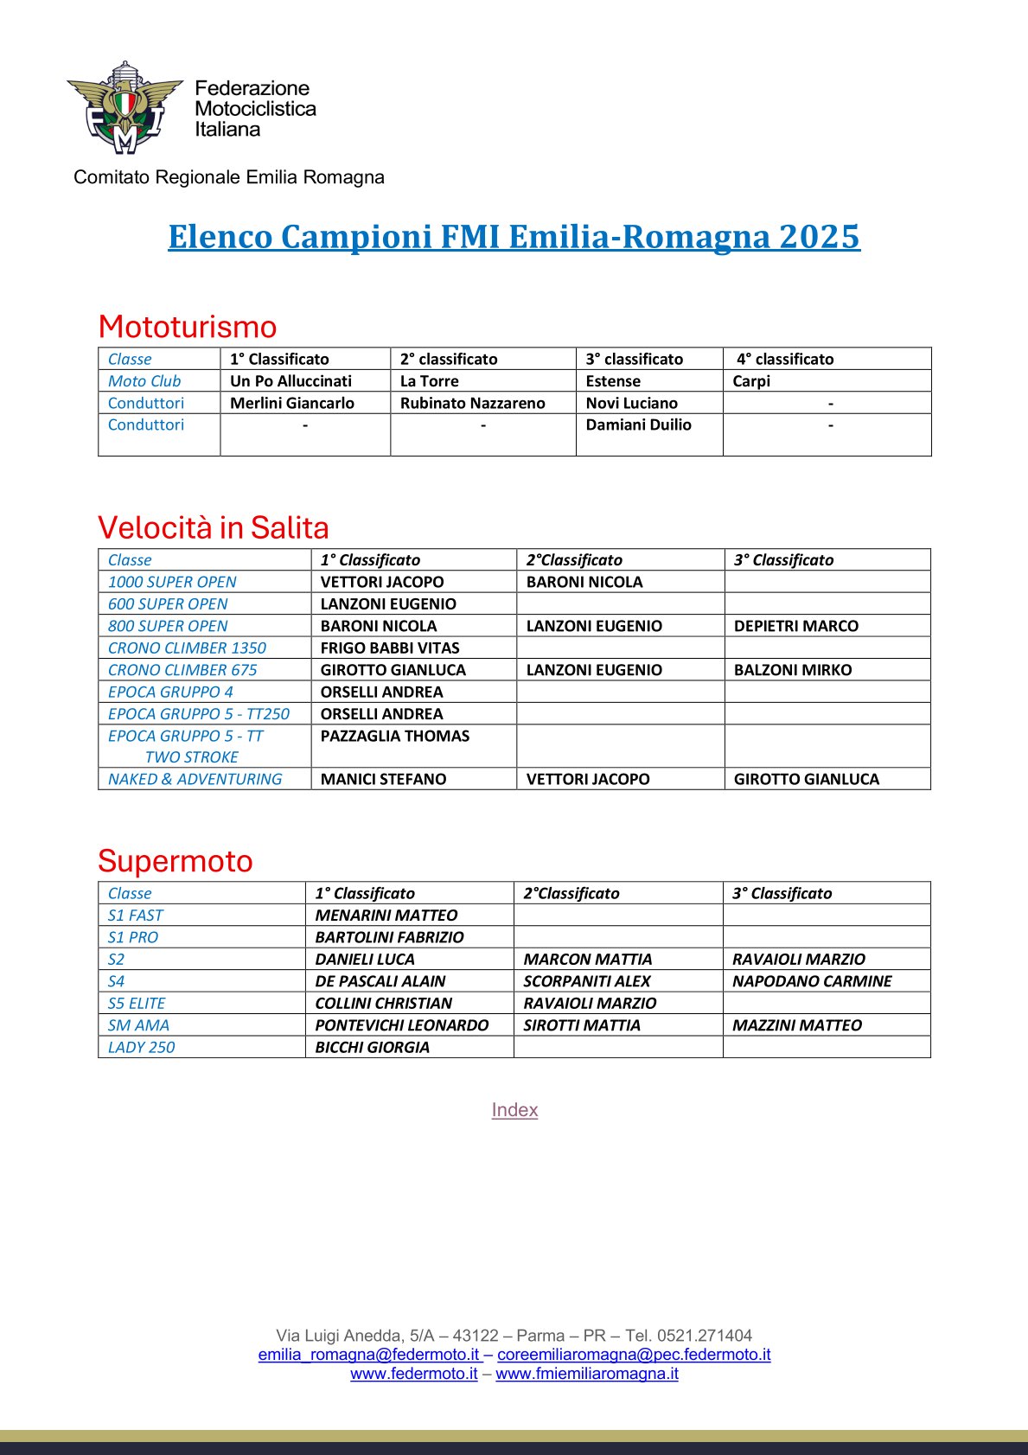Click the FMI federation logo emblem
[125, 107]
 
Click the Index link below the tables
[514, 1110]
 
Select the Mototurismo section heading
[188, 327]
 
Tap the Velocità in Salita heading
[214, 527]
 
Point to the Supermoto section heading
[176, 861]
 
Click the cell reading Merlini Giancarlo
[292, 403]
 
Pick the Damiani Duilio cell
[639, 424]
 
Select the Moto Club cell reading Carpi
[751, 381]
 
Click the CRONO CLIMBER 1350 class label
[187, 648]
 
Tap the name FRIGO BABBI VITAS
[390, 648]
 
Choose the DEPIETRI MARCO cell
[796, 626]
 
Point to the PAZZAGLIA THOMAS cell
[395, 736]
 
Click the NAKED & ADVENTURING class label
[195, 779]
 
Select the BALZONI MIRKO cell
[793, 670]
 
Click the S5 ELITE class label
[137, 1003]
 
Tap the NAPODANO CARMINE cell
[812, 981]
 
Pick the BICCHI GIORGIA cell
[373, 1047]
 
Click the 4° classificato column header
[785, 359]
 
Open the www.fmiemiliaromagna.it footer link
[587, 1374]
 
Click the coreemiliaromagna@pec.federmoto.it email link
[634, 1355]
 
